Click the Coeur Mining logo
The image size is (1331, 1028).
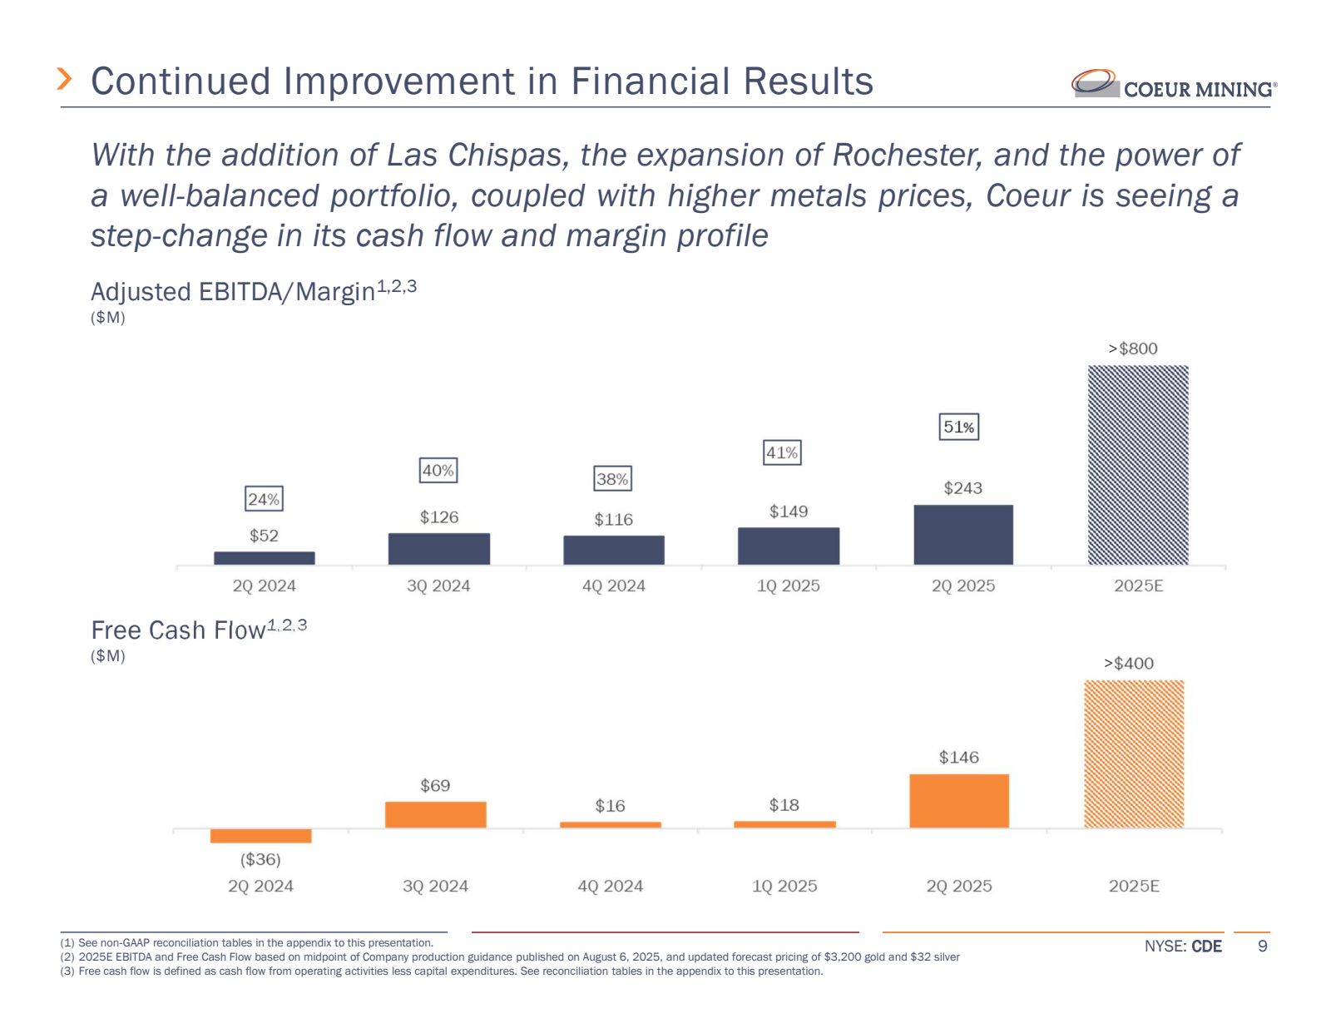pos(1173,85)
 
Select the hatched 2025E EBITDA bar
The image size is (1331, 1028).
pos(1138,465)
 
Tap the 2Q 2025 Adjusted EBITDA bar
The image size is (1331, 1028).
pos(963,535)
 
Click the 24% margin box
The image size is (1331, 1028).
pos(264,499)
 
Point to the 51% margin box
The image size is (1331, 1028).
pos(959,427)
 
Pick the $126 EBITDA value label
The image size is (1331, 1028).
pos(439,517)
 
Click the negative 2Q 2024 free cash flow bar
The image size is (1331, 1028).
pos(260,836)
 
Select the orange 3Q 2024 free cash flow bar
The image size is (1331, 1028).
pos(435,814)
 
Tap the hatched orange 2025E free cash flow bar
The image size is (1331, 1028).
pos(1134,754)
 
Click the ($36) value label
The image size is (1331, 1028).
pos(260,859)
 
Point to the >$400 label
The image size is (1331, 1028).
pos(1129,663)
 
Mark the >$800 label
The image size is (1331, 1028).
pos(1133,348)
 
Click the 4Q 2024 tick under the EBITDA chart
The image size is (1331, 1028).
pos(614,586)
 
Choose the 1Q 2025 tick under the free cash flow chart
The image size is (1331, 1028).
pos(784,886)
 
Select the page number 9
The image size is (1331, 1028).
pos(1262,946)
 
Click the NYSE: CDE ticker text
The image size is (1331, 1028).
pos(1183,946)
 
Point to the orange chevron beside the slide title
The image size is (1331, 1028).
pos(64,79)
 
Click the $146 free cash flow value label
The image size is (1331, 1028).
pos(959,757)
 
